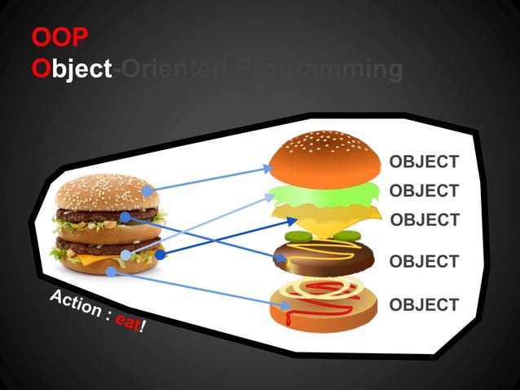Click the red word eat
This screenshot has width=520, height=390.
click(127, 322)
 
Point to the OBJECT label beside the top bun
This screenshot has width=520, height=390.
click(423, 162)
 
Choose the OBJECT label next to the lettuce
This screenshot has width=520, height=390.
click(423, 191)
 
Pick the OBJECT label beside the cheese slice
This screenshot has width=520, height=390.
click(425, 219)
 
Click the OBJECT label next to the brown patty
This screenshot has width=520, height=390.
click(424, 262)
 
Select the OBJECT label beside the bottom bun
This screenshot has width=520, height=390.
click(424, 305)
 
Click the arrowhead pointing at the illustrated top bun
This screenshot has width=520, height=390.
click(268, 168)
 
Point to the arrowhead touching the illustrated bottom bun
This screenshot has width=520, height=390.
click(287, 306)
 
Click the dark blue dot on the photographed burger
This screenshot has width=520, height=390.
click(161, 255)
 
